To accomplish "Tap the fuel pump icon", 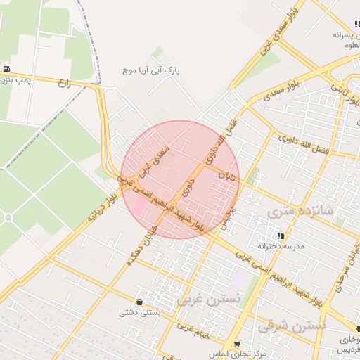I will (x=7, y=69).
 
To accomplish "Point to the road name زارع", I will (x=65, y=83).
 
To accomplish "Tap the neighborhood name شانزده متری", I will (x=298, y=210).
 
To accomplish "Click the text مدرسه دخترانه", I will (x=281, y=246).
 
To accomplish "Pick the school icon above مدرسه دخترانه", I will (x=281, y=236).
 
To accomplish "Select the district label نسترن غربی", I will (x=208, y=300).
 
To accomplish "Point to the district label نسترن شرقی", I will (x=292, y=326).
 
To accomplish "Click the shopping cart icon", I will (x=236, y=344).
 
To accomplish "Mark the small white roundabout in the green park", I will (x=8, y=218).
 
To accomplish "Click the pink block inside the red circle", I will (x=140, y=205).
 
